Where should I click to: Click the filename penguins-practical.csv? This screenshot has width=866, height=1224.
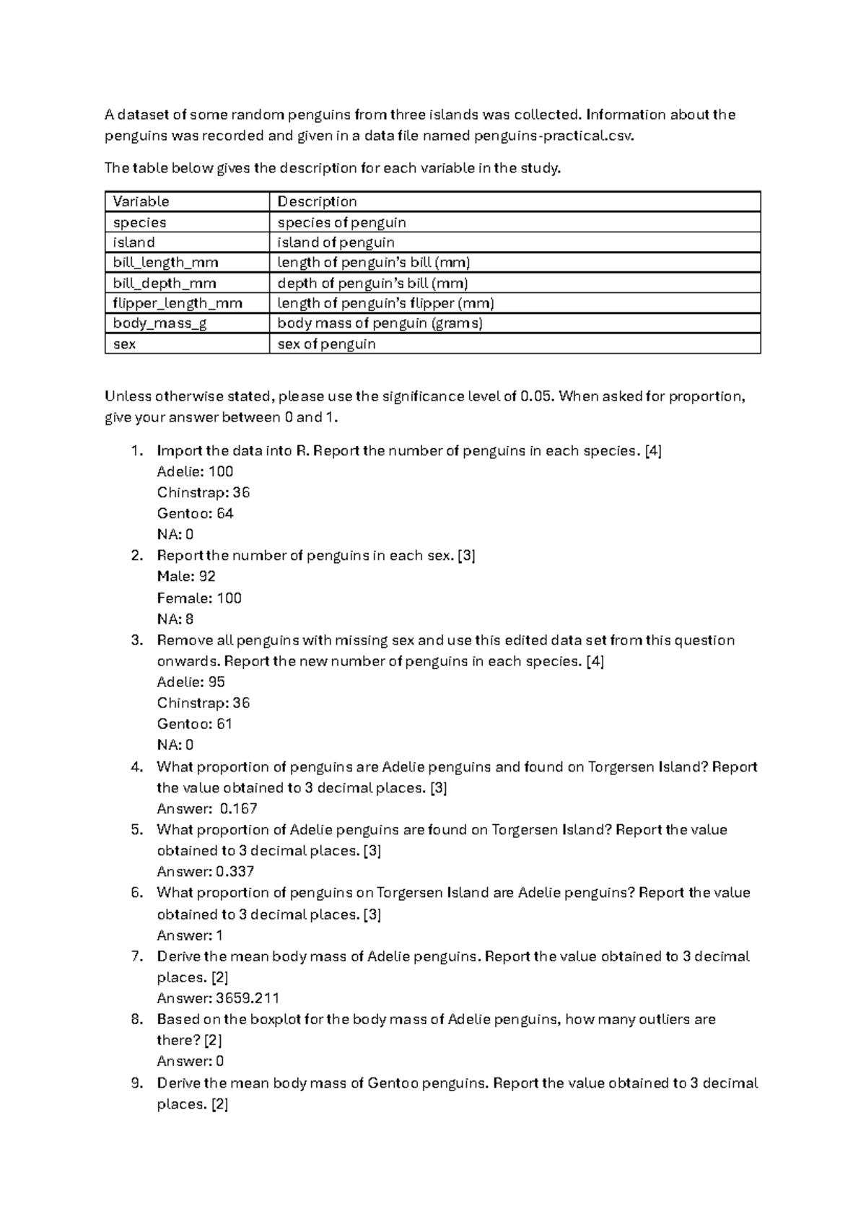tap(554, 136)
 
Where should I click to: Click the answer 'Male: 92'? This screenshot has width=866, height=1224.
tap(186, 577)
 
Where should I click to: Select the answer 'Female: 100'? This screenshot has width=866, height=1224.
tap(199, 598)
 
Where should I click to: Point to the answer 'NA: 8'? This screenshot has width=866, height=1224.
tap(175, 619)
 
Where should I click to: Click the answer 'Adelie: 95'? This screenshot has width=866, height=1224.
tap(191, 682)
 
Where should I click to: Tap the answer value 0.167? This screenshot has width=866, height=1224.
tap(239, 809)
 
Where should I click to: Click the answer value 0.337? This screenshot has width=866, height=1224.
tap(235, 872)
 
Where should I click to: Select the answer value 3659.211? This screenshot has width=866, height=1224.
tap(248, 999)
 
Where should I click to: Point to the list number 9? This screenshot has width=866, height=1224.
tap(138, 1083)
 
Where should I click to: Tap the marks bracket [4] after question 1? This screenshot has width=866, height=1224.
tap(653, 451)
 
